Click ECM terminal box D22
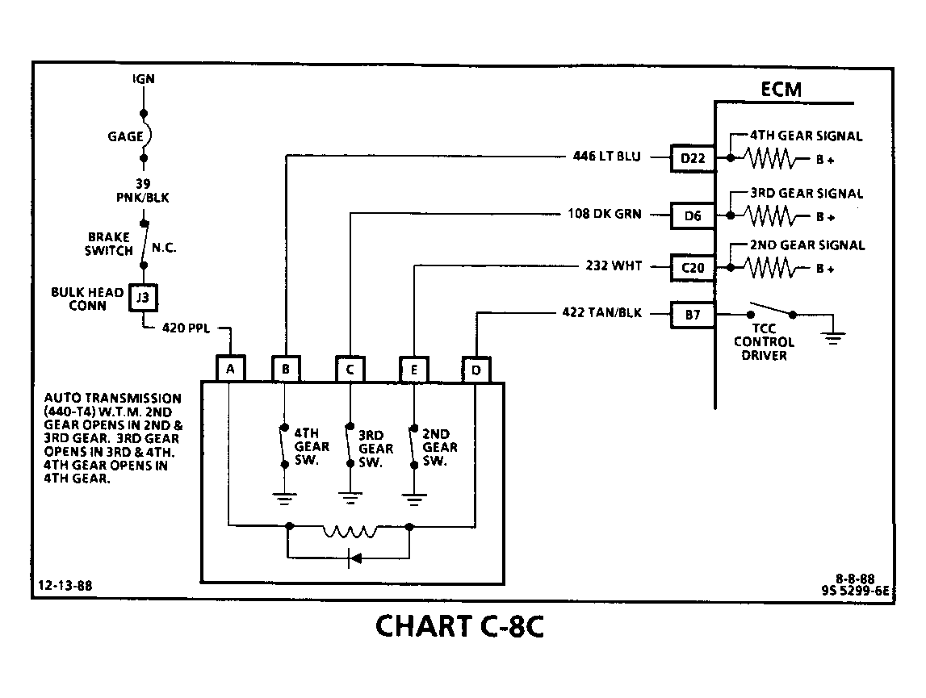pyautogui.click(x=693, y=158)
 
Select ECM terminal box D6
pyautogui.click(x=693, y=215)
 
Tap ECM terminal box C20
pyautogui.click(x=693, y=268)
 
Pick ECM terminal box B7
pyautogui.click(x=693, y=315)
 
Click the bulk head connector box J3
pyautogui.click(x=143, y=298)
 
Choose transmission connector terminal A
pyautogui.click(x=230, y=369)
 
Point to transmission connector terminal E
pyautogui.click(x=414, y=370)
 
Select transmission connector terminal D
pyautogui.click(x=476, y=370)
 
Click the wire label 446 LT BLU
pyautogui.click(x=607, y=157)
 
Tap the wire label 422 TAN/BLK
pyautogui.click(x=601, y=312)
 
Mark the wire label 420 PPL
pyautogui.click(x=186, y=328)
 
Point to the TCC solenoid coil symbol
pyautogui.click(x=350, y=531)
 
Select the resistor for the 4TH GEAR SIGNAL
pyautogui.click(x=769, y=158)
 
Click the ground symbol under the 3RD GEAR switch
pyautogui.click(x=350, y=499)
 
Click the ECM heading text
pyautogui.click(x=781, y=90)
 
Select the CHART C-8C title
pyautogui.click(x=459, y=626)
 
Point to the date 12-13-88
pyautogui.click(x=65, y=585)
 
